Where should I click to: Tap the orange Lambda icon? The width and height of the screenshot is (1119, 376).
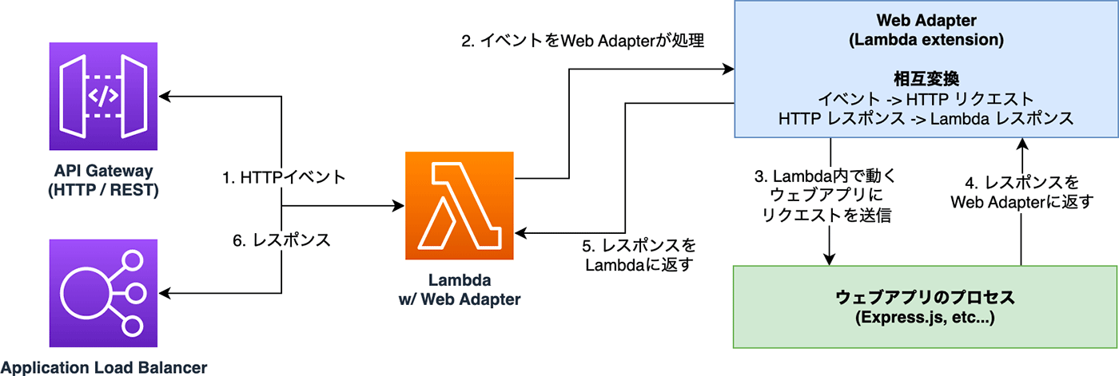(x=460, y=207)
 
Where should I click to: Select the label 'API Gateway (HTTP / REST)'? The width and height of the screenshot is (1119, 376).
(x=104, y=180)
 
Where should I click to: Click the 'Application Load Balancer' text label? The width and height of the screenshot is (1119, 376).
(x=104, y=367)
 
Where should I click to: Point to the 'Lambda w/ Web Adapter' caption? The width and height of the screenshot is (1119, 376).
(x=460, y=291)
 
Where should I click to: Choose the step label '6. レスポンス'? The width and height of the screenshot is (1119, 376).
(x=281, y=239)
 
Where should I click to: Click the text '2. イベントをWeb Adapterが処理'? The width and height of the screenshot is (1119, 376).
(x=583, y=41)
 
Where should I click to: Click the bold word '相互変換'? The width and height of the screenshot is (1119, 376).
(x=926, y=79)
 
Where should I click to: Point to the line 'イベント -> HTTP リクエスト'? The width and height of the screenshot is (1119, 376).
(x=926, y=99)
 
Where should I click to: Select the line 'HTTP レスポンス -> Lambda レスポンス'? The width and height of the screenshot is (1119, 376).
(x=926, y=118)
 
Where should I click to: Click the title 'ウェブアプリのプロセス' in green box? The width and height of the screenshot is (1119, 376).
(x=925, y=298)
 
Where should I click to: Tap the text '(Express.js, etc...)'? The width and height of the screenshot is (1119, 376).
(x=925, y=319)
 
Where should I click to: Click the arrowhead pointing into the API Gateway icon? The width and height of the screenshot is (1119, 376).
(x=166, y=97)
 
